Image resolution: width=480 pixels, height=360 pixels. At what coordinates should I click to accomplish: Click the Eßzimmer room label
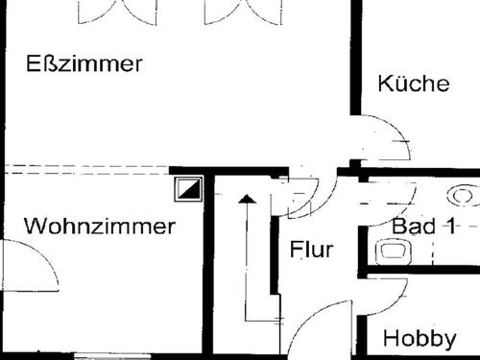coord(84,64)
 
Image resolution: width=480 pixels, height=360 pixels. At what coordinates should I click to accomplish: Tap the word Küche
coord(413,83)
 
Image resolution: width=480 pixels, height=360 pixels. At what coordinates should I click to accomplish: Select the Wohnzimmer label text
coord(100,227)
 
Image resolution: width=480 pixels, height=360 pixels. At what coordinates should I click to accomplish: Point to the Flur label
coord(311,251)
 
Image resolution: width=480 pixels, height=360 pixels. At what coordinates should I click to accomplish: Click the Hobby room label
coord(419,339)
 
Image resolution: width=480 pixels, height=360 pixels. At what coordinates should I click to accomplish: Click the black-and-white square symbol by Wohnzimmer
coord(188,189)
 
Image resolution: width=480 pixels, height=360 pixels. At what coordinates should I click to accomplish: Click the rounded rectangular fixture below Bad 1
coord(393,252)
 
